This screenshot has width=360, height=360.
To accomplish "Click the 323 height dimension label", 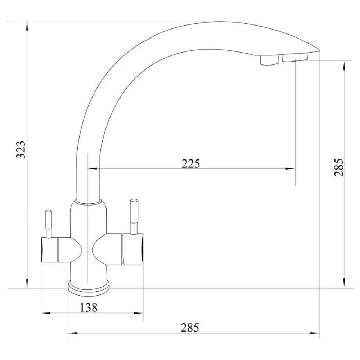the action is coord(21,149).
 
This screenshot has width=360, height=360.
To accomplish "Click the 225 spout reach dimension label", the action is coord(191,163).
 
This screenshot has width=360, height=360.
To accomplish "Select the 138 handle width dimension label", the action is coord(89,307).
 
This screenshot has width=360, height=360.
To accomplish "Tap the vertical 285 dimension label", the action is coord(339,167).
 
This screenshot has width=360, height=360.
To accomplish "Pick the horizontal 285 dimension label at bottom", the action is coord(190,327).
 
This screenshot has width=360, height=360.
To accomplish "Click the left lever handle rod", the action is coord(49,224).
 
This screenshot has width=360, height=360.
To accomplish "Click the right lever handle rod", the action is coord(134,216).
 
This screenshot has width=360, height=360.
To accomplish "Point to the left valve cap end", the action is coord(49,249).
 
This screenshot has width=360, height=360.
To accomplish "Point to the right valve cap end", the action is coord(133,249).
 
